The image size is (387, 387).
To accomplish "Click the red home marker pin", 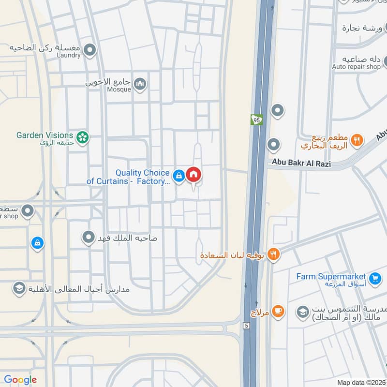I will [x=193, y=174].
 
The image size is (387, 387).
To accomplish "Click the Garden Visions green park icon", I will [x=83, y=137].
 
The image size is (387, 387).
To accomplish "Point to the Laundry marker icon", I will [x=89, y=49].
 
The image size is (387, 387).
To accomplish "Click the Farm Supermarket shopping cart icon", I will [x=374, y=278].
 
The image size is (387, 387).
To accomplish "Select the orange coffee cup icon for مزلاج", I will [x=278, y=311].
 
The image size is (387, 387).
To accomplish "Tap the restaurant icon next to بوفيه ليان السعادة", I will [x=273, y=253].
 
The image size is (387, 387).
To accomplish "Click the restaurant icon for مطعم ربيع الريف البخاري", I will [x=357, y=140].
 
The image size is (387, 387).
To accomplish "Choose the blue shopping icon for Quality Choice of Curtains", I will [x=179, y=176].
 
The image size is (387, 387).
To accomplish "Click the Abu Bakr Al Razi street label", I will [x=301, y=164].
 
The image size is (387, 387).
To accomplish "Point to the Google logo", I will [x=20, y=380].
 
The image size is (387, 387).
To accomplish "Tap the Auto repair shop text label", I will [x=357, y=66].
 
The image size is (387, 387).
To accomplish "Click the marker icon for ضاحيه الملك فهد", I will [x=88, y=238].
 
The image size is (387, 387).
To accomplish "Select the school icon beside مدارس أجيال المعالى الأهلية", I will [x=19, y=288].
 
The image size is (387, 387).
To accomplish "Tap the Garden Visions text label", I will [x=45, y=135].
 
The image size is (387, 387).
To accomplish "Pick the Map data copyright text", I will [x=361, y=382].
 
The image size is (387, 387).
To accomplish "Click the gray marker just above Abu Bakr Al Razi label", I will [x=274, y=145].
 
